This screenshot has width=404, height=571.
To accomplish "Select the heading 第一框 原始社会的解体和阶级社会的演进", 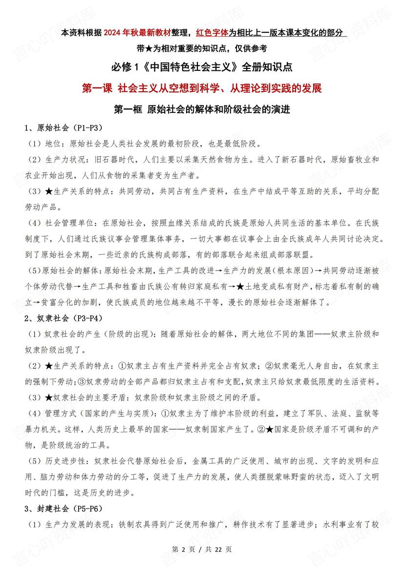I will click(x=202, y=109).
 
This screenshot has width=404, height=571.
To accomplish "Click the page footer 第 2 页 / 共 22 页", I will click(x=202, y=549).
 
